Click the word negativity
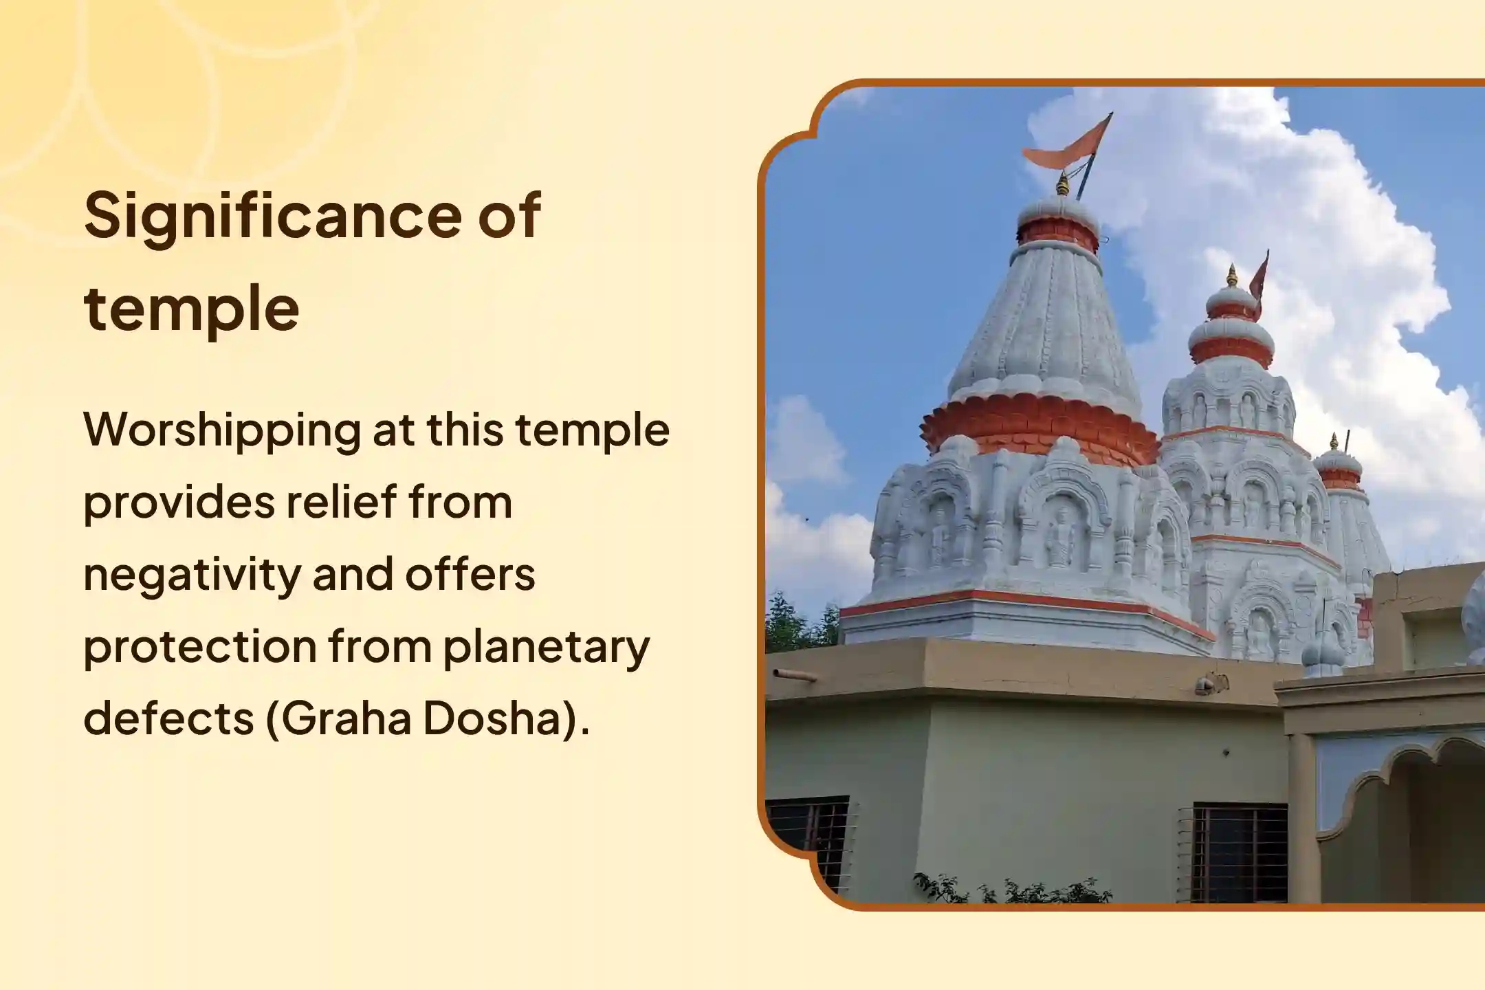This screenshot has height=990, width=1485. (192, 575)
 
